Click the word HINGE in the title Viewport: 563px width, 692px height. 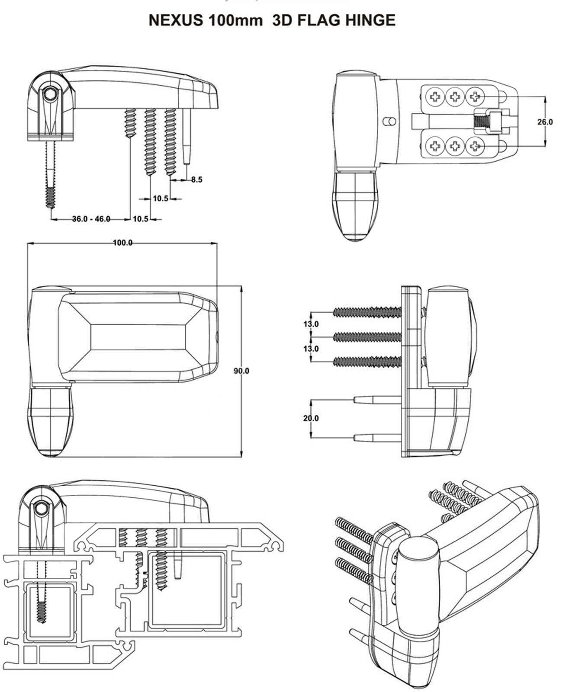(x=373, y=20)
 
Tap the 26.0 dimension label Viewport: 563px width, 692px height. (x=545, y=122)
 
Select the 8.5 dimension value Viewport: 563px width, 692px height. (x=196, y=179)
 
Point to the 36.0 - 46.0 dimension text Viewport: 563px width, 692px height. (x=91, y=219)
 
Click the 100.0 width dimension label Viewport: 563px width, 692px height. (x=122, y=243)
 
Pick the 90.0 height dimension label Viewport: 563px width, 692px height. (x=241, y=371)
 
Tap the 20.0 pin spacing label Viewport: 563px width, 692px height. (x=311, y=418)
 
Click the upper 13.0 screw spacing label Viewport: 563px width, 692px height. (x=311, y=324)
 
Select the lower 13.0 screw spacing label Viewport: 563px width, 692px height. (x=311, y=348)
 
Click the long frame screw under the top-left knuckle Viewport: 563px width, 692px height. (x=51, y=173)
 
